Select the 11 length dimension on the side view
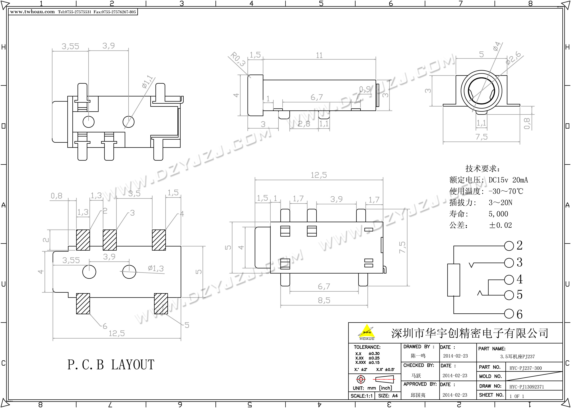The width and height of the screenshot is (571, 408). pos(319,55)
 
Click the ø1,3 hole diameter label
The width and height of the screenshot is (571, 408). pos(156,268)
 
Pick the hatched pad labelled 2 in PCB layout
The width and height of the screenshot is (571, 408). pos(83,240)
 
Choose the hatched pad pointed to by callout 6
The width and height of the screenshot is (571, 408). pos(83,303)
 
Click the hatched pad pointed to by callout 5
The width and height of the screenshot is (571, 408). pos(161,303)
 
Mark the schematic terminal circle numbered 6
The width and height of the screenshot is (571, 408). pos(509,314)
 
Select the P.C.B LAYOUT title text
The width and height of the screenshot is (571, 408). pos(111,365)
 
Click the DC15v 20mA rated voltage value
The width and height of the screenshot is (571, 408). pos(508,180)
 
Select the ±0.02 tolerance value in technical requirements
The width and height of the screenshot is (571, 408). pos(500,225)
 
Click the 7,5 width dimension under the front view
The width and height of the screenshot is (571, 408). pos(481,137)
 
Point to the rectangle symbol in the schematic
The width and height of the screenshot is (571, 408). pos(454,280)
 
